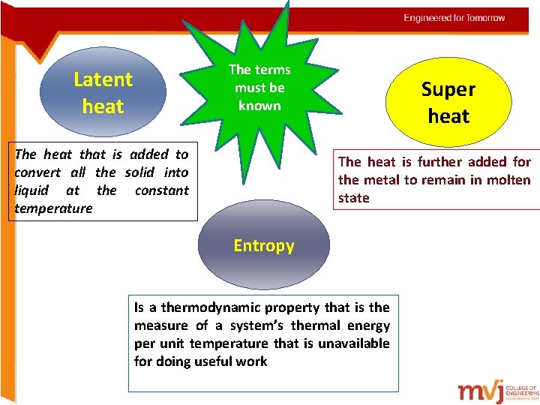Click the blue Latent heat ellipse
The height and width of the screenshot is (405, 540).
[x=103, y=92]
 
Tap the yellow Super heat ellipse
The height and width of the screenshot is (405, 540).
[x=448, y=102]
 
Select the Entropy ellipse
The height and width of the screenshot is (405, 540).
[x=263, y=246]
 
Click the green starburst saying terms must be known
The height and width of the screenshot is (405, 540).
[x=259, y=88]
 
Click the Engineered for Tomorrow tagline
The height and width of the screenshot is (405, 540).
[x=454, y=18]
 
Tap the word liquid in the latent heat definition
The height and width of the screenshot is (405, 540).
[x=32, y=190]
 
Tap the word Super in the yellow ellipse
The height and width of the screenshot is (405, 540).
[x=448, y=89]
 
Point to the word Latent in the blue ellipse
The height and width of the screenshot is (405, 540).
[x=103, y=79]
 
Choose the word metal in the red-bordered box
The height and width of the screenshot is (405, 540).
[x=380, y=180]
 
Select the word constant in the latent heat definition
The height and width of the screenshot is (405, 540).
[x=161, y=190]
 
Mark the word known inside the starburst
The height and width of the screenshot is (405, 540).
[x=259, y=106]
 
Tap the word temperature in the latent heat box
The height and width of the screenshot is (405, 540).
[x=53, y=208]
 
